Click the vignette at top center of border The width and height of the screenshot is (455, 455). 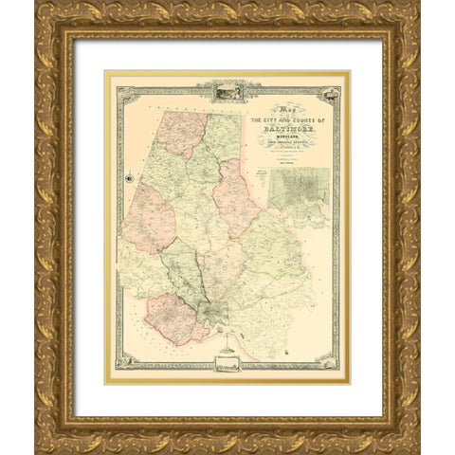pyautogui.click(x=226, y=93)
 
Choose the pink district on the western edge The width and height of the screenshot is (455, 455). pyautogui.click(x=153, y=217)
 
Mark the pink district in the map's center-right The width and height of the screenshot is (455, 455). pyautogui.click(x=236, y=198)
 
